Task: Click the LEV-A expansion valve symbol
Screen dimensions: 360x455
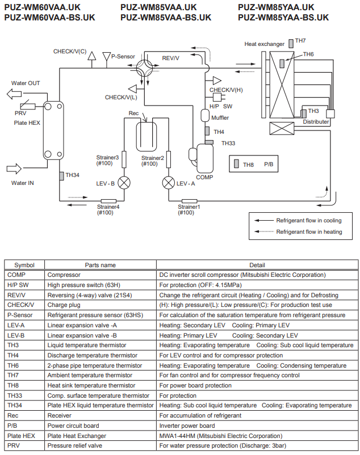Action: pyautogui.click(x=169, y=183)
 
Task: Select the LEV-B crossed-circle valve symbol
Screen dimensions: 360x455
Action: pyautogui.click(x=124, y=183)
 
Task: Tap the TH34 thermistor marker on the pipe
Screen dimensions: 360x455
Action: pyautogui.click(x=61, y=176)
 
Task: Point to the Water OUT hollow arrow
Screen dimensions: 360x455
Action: pyautogui.click(x=14, y=94)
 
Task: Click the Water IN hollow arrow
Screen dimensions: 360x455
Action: pyautogui.click(x=14, y=168)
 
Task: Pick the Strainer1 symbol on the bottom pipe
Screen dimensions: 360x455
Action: pyautogui.click(x=189, y=201)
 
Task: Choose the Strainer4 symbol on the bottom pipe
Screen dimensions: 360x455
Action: pyautogui.click(x=108, y=201)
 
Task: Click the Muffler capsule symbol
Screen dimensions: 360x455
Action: pyautogui.click(x=205, y=116)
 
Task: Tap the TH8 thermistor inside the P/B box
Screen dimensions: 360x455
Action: pyautogui.click(x=236, y=163)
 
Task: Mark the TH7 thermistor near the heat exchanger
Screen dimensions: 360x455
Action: pyautogui.click(x=291, y=44)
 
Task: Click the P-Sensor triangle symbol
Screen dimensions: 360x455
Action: pyautogui.click(x=107, y=57)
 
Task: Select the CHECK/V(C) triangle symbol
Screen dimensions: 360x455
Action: pyautogui.click(x=92, y=56)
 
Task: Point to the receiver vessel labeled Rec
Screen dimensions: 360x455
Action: pyautogui.click(x=146, y=136)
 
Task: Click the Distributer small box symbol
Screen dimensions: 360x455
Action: pyautogui.click(x=330, y=113)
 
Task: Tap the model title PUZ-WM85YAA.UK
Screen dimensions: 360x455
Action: pyautogui.click(x=276, y=7)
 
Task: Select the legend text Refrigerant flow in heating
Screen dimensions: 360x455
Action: pyautogui.click(x=309, y=232)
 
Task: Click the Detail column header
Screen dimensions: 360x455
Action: pyautogui.click(x=257, y=265)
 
